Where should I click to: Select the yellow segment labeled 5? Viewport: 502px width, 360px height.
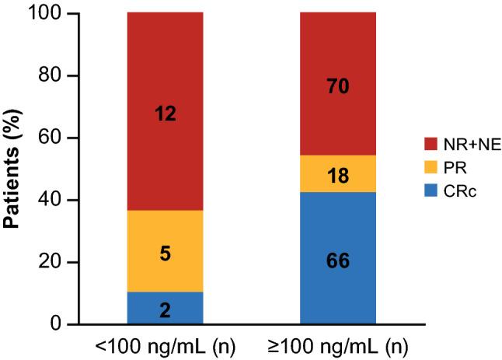point(165,251)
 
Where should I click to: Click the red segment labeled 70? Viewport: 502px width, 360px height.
point(338,85)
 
